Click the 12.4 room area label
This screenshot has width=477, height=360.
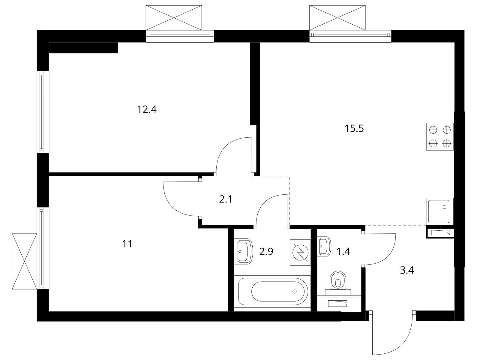pos(147,109)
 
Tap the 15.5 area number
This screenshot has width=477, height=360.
pos(354,129)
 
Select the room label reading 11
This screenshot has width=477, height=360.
pos(127,244)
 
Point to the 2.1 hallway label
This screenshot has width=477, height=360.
pos(226,199)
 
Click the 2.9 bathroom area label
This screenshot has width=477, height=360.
pos(266,252)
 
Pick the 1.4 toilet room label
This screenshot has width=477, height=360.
pos(343,252)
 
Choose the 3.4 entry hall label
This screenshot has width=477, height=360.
pos(407,271)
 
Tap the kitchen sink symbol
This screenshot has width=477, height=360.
pos(440,211)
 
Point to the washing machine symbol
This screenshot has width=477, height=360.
pos(300,253)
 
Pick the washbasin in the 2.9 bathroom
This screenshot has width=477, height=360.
pos(244,251)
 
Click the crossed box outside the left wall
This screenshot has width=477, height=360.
pos(25,261)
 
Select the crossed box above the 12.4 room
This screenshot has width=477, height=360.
pos(174,18)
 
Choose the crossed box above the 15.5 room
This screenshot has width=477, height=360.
pos(337,18)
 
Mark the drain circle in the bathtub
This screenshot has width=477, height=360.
pos(295,291)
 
